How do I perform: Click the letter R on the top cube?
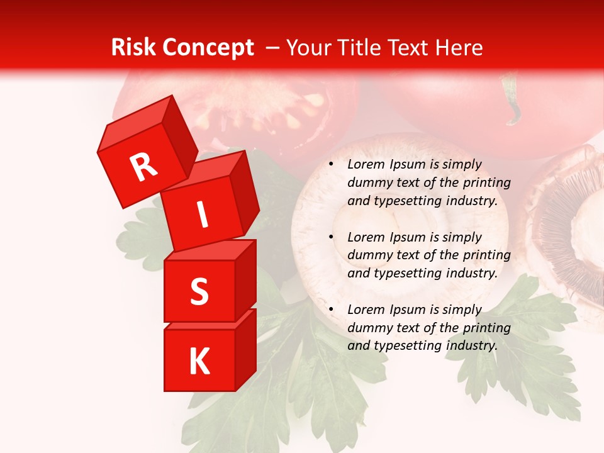pos(143,167)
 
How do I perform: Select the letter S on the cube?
pos(199,291)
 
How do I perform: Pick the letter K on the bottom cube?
pos(199,362)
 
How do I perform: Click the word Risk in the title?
pos(133,48)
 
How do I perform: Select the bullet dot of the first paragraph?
pos(330,165)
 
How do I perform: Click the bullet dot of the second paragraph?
pos(330,238)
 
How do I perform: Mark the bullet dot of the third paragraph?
pos(330,310)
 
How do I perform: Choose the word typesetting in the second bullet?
pos(406,274)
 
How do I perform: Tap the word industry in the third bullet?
pos(471,345)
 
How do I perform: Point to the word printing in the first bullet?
pos(488,183)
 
